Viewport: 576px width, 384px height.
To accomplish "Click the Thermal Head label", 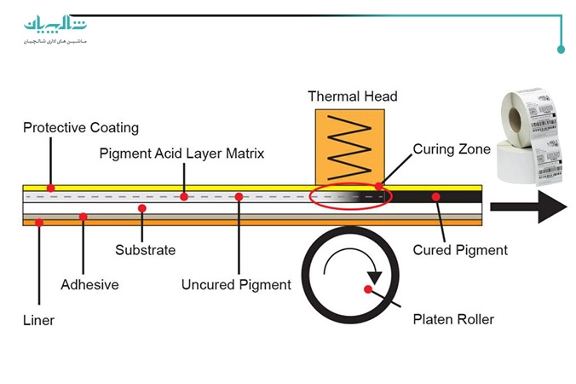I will pyautogui.click(x=353, y=96).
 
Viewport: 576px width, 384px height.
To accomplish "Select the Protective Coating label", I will pyautogui.click(x=80, y=128).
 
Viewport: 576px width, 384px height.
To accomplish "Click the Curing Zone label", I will pyautogui.click(x=452, y=149).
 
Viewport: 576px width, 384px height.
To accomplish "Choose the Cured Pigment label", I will pyautogui.click(x=460, y=250).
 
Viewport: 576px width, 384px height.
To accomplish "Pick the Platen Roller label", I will pyautogui.click(x=453, y=320).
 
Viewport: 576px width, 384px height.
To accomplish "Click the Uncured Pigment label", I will pyautogui.click(x=236, y=284).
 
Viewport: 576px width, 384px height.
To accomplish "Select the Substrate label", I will pyautogui.click(x=146, y=250).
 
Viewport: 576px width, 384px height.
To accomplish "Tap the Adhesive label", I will pyautogui.click(x=89, y=284).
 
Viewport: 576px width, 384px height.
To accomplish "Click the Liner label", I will pyautogui.click(x=38, y=321).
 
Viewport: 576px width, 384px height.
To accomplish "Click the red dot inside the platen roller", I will pyautogui.click(x=368, y=289).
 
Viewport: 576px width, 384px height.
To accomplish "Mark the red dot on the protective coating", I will pyautogui.click(x=51, y=188).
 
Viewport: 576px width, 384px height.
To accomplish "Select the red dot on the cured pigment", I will pyautogui.click(x=435, y=197).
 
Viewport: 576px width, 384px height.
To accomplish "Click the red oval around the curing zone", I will pyautogui.click(x=350, y=197).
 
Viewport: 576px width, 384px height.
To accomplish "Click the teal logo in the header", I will pyautogui.click(x=55, y=26).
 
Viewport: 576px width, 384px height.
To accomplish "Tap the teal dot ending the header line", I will pyautogui.click(x=561, y=49).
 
